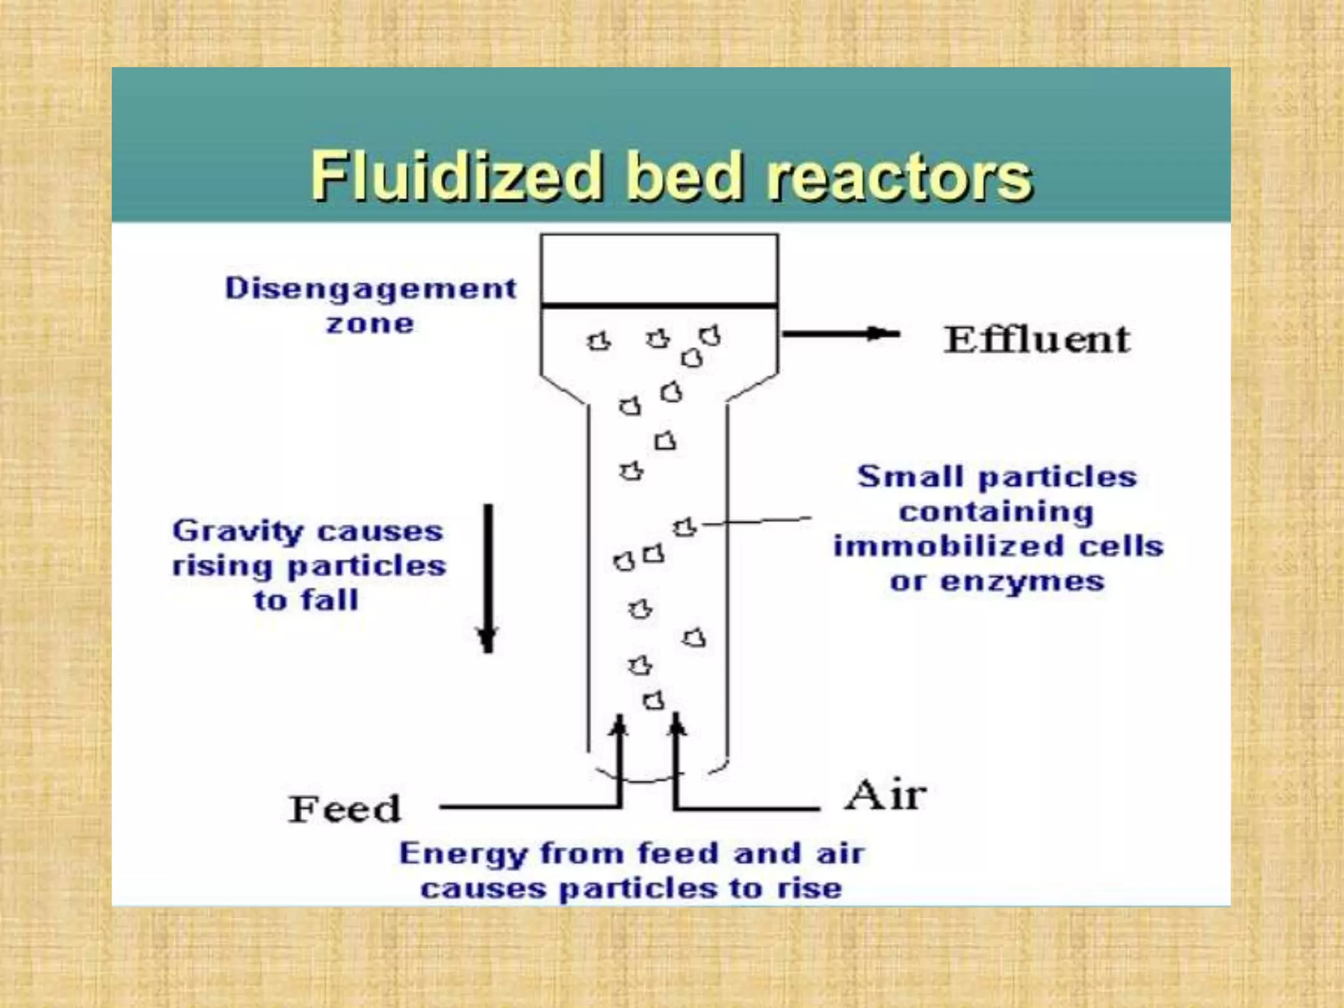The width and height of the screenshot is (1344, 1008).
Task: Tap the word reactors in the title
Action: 900,177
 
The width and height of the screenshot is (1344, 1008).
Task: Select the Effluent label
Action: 1037,339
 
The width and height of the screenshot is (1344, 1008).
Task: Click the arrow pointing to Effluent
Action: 841,334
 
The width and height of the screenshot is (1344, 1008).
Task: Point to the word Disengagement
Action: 371,289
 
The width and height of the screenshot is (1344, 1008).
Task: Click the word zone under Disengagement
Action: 370,324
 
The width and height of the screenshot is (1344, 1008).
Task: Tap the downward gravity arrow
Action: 488,577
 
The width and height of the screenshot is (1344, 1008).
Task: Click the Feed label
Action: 345,808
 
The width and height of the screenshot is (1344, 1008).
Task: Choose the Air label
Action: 885,795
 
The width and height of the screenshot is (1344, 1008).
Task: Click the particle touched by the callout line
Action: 684,527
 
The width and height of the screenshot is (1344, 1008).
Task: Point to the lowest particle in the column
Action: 653,701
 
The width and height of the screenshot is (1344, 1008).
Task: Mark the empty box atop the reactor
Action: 660,269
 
